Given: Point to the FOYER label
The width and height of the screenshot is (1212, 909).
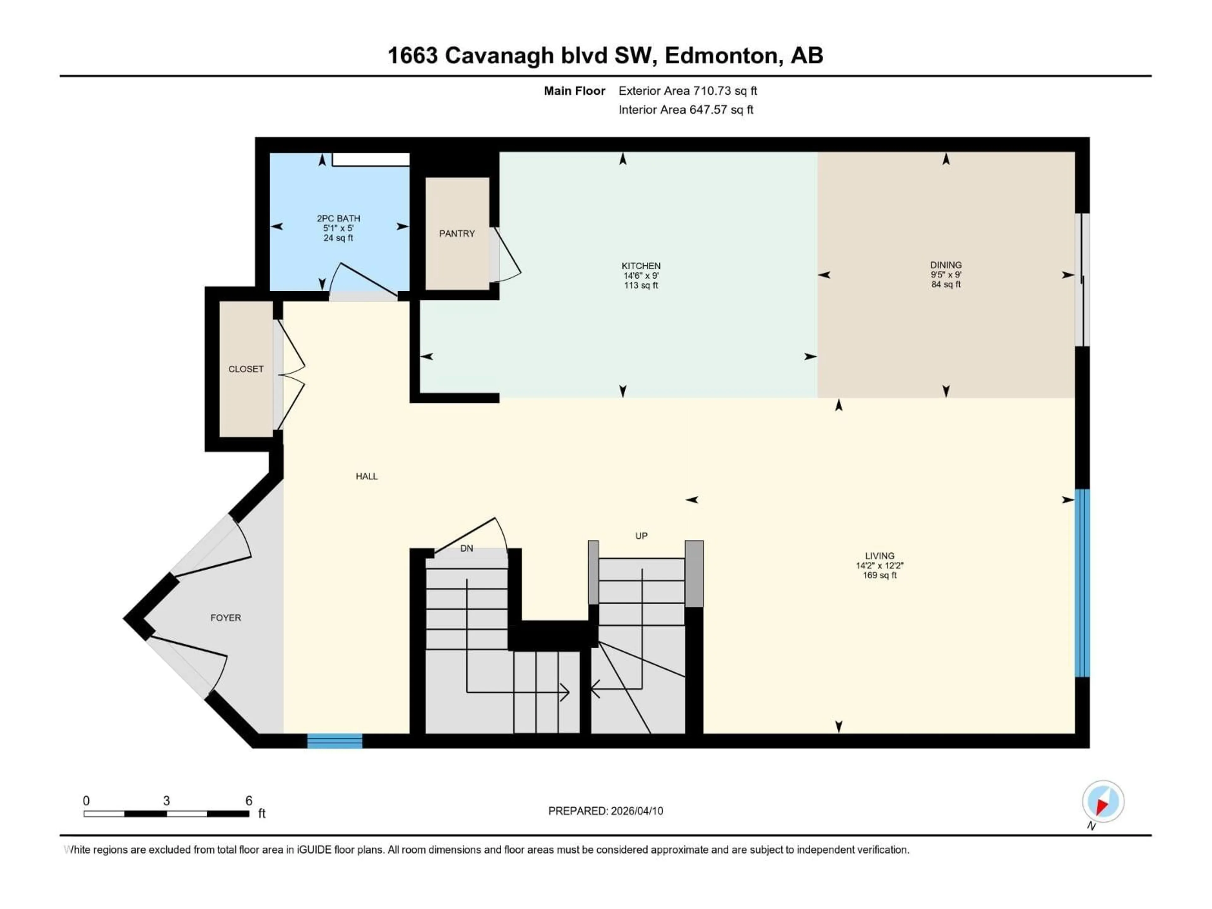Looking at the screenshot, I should pyautogui.click(x=225, y=617).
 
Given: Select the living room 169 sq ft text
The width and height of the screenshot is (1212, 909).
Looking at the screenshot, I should pyautogui.click(x=879, y=575).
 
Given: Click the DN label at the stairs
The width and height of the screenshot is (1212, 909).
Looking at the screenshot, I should pyautogui.click(x=466, y=548).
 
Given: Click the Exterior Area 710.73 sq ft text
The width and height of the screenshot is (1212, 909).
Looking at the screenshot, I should pyautogui.click(x=688, y=91).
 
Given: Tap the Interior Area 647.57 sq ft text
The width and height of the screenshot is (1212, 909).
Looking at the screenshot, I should pyautogui.click(x=686, y=110).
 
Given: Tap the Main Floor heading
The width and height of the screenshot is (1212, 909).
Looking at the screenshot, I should pyautogui.click(x=574, y=91).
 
